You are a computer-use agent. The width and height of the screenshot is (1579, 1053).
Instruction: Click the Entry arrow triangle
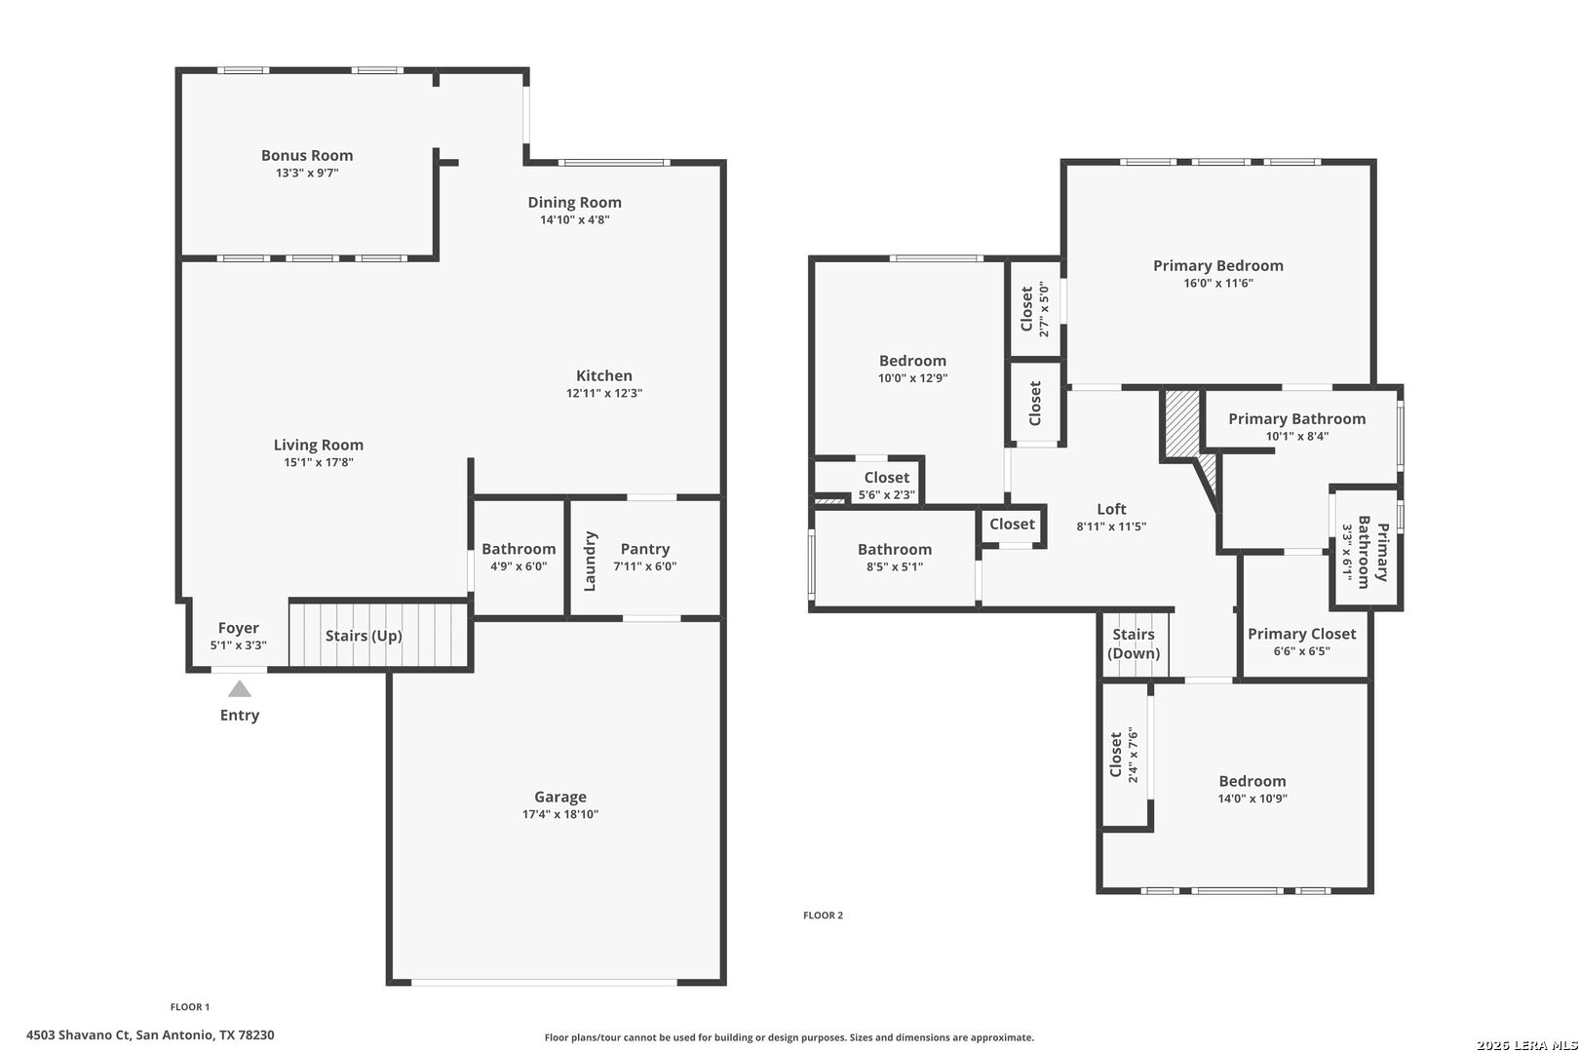tap(240, 689)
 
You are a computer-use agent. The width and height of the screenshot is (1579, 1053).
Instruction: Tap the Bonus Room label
tap(307, 155)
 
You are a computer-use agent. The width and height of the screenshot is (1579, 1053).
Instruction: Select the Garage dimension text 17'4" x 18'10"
tap(560, 814)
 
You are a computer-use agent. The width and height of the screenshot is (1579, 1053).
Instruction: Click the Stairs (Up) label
tap(364, 636)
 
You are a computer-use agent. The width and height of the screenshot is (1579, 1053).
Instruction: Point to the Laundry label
tap(590, 562)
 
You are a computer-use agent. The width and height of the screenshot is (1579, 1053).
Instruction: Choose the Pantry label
tap(645, 549)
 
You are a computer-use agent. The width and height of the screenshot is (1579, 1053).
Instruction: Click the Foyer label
tap(238, 628)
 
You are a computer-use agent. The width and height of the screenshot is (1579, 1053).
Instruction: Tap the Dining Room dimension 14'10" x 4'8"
tap(574, 219)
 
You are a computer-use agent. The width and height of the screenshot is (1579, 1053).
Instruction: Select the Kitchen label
tap(604, 375)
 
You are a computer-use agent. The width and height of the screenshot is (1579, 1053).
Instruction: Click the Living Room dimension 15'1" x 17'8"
tap(319, 462)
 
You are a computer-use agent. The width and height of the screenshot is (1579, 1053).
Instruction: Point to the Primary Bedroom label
tap(1218, 265)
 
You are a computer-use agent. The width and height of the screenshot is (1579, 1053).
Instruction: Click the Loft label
tap(1112, 509)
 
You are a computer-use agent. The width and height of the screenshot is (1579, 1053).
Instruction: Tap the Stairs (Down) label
tap(1134, 643)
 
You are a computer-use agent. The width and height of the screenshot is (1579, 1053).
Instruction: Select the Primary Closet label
tap(1302, 634)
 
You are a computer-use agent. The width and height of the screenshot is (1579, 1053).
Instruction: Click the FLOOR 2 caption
tap(824, 915)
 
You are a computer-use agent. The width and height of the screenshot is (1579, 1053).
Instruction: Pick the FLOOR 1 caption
tap(190, 1006)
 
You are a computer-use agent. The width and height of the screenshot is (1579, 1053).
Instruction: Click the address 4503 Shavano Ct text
tap(78, 1034)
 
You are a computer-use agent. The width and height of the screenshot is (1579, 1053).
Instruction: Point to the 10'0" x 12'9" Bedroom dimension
tap(913, 378)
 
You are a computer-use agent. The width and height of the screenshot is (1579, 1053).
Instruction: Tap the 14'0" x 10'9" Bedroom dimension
tap(1252, 799)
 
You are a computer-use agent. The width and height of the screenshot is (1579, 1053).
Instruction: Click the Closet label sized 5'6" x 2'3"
tap(887, 478)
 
